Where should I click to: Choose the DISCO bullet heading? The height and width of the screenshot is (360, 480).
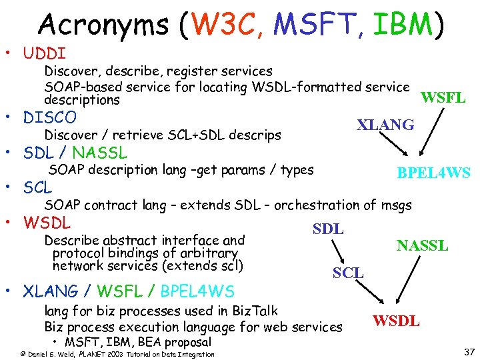point(50,118)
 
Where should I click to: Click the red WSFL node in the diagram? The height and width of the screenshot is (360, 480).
point(443,99)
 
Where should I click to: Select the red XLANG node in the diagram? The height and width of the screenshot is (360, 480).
point(385,125)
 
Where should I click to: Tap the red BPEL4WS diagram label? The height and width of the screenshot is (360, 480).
point(433,173)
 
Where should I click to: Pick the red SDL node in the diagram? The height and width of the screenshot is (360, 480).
point(328,229)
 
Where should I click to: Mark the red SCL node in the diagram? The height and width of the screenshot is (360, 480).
point(348,272)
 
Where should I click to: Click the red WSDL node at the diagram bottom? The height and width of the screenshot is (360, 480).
point(396,321)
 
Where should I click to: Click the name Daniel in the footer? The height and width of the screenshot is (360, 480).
point(39,354)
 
